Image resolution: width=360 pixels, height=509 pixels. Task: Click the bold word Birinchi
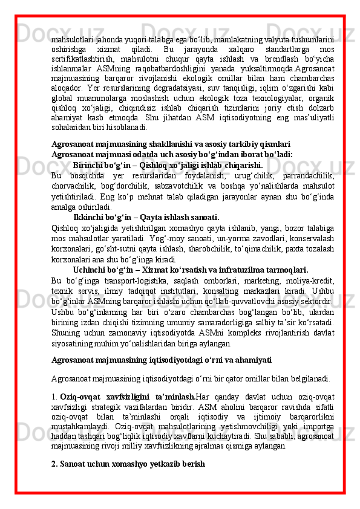(x=88, y=165)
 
